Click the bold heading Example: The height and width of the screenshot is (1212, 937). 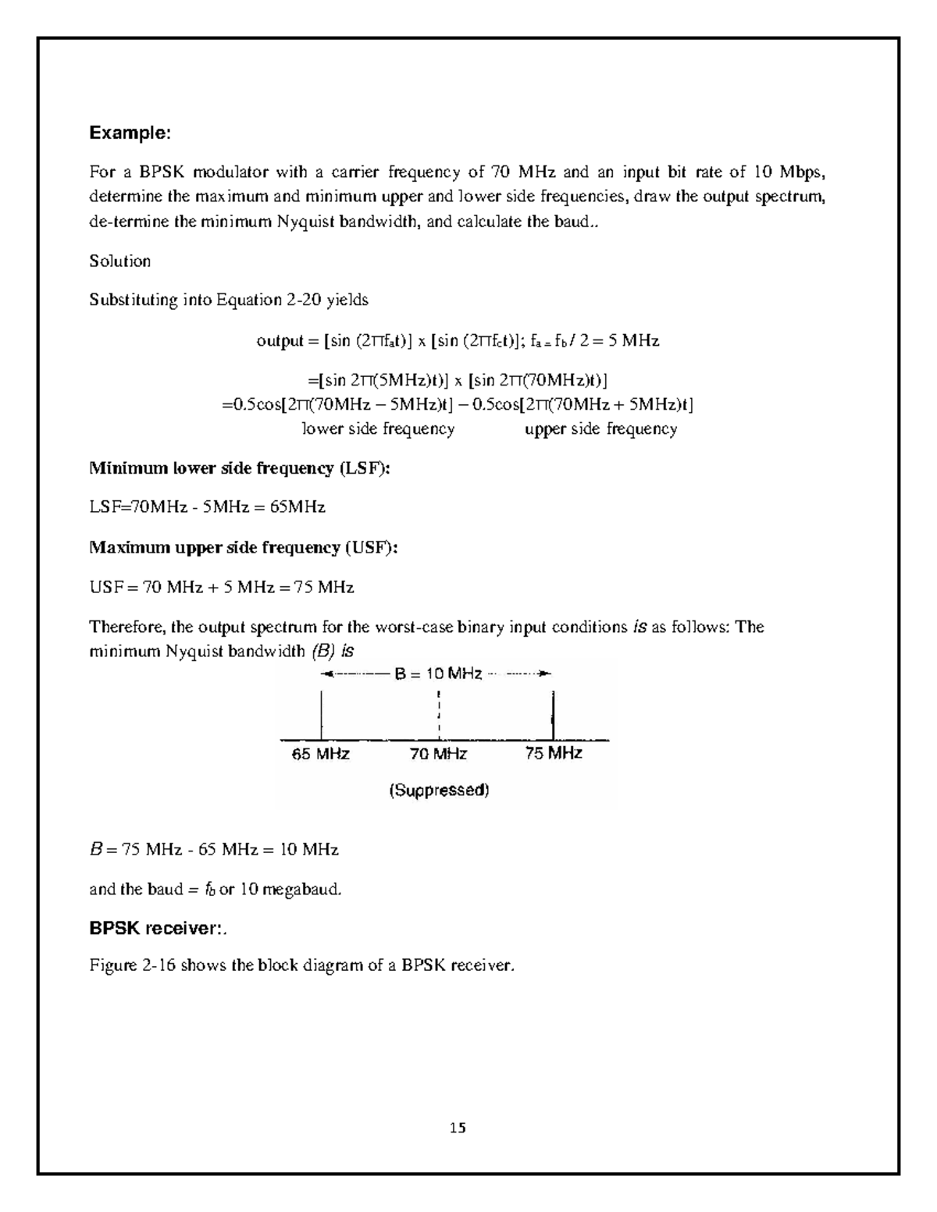[x=130, y=133]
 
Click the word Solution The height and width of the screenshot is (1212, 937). [x=119, y=261]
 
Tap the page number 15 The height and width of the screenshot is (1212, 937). [x=458, y=1127]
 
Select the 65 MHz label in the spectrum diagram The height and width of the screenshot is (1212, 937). [x=320, y=754]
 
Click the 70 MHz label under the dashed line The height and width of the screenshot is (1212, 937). [x=439, y=754]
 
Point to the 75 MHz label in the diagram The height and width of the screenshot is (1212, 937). [x=554, y=753]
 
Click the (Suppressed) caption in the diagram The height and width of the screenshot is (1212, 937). [x=439, y=791]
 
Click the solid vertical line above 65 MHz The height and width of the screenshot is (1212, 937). [x=322, y=714]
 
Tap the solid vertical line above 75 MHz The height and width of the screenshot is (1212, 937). [x=553, y=714]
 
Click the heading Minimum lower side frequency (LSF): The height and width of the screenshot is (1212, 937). [x=240, y=468]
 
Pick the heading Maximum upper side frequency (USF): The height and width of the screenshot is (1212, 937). [x=244, y=547]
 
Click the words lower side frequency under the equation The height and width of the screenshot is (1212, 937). [x=378, y=428]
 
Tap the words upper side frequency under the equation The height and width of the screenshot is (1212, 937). [x=600, y=428]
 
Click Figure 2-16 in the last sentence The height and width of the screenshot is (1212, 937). [x=133, y=966]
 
